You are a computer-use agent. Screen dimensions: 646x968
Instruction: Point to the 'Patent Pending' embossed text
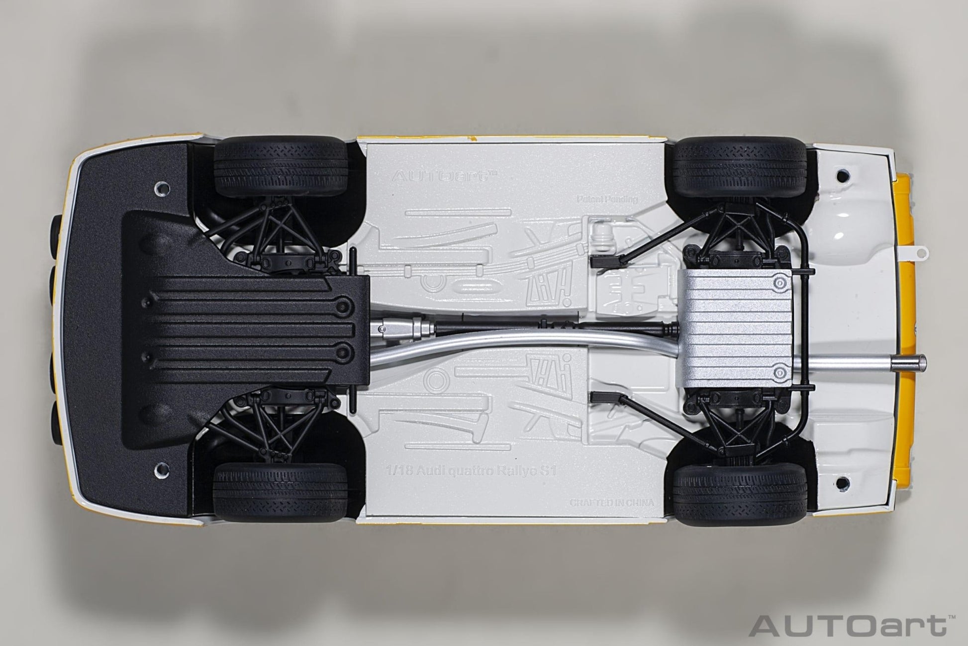coord(607,199)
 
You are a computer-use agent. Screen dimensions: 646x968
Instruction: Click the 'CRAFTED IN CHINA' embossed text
coord(612,503)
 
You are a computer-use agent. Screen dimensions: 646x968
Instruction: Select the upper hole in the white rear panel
coord(841,175)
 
